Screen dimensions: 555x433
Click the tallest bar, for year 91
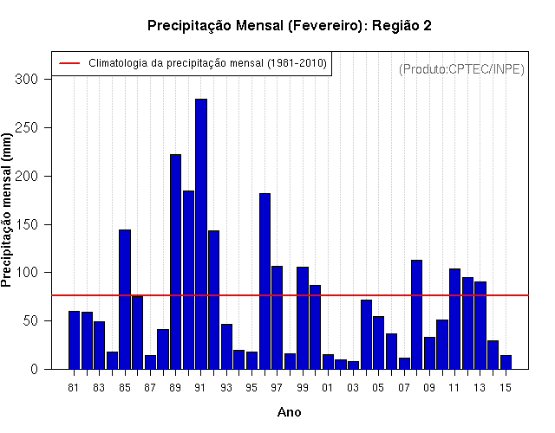click(201, 234)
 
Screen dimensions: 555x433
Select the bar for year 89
click(175, 262)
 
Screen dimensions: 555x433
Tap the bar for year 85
click(125, 300)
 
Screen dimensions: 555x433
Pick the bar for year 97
click(277, 318)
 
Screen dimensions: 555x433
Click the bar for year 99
click(303, 318)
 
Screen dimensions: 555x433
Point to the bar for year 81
click(74, 340)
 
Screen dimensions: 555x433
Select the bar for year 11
click(454, 319)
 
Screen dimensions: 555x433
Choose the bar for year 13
click(480, 326)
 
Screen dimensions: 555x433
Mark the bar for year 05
click(378, 343)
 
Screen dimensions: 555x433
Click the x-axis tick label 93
click(226, 388)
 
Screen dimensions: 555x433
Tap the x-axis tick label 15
click(506, 388)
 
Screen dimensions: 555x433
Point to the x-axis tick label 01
click(328, 388)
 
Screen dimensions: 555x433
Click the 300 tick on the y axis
click(26, 79)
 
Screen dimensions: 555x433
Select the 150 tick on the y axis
click(26, 224)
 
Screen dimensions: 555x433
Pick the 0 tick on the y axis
click(34, 370)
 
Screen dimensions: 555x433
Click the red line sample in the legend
click(69, 63)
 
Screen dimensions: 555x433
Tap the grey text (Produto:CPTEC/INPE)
click(461, 69)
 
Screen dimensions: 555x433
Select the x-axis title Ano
click(289, 412)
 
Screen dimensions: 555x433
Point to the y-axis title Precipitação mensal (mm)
click(6, 210)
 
